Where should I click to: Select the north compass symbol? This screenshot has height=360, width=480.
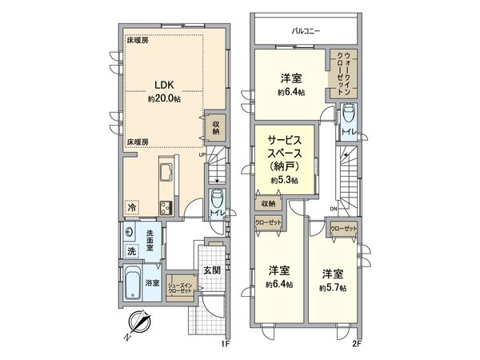(140, 325)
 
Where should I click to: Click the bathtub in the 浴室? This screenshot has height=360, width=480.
(132, 282)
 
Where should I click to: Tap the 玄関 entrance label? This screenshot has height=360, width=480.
(210, 269)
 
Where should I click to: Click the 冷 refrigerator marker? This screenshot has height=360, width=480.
(130, 207)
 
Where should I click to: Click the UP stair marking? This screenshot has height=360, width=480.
(202, 155)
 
